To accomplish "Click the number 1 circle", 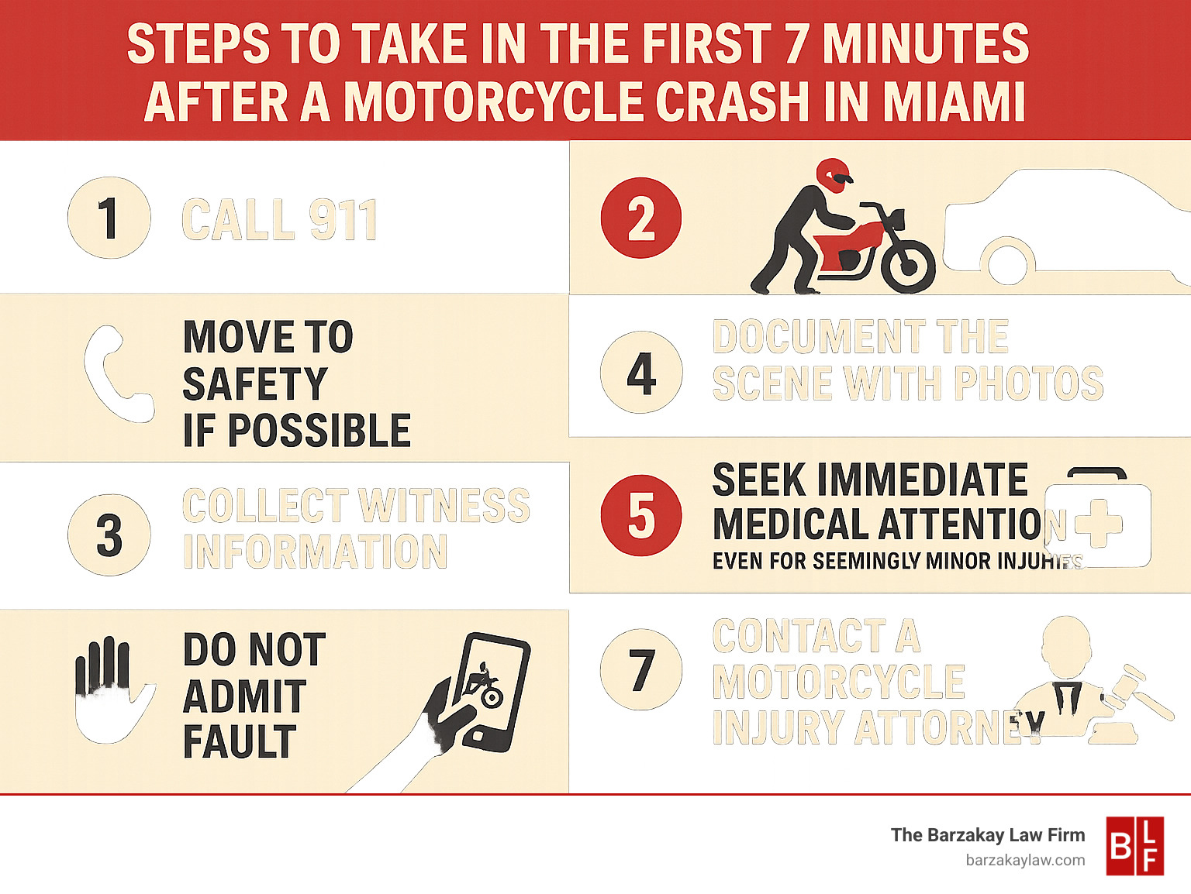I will pyautogui.click(x=109, y=218).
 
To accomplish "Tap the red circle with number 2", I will pyautogui.click(x=641, y=218).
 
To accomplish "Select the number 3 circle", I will pyautogui.click(x=109, y=535).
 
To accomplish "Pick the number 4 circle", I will pyautogui.click(x=641, y=373).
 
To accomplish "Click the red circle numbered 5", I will pyautogui.click(x=641, y=515).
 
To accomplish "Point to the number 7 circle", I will pyautogui.click(x=641, y=669).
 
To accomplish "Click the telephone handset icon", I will pyautogui.click(x=116, y=374).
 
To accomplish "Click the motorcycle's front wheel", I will pyautogui.click(x=908, y=266).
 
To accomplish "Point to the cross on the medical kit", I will pyautogui.click(x=1099, y=521).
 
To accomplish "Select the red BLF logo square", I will pyautogui.click(x=1134, y=846).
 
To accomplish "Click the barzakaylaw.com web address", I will pyautogui.click(x=1025, y=860).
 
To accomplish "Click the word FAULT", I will pyautogui.click(x=240, y=741).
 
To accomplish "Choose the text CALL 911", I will pyautogui.click(x=279, y=220).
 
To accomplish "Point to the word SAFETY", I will pyautogui.click(x=255, y=383).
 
